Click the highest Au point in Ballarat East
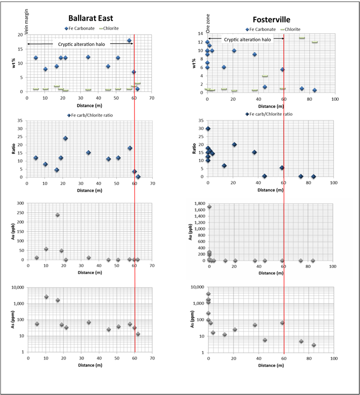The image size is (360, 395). [x=58, y=215]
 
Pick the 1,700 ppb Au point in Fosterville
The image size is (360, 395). [x=210, y=207]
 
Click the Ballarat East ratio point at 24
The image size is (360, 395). [x=66, y=138]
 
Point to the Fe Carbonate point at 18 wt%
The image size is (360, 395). [x=129, y=41]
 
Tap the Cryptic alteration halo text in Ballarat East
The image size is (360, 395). [x=85, y=44]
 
